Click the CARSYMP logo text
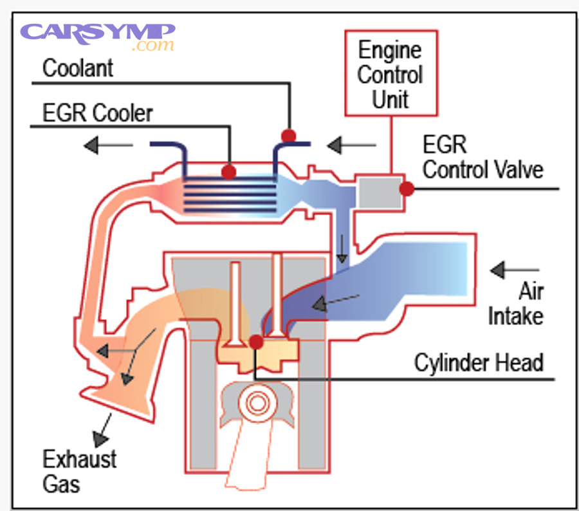(97, 32)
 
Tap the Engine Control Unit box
(391, 74)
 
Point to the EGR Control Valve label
(482, 158)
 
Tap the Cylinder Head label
(479, 363)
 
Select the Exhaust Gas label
(80, 470)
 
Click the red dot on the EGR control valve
(406, 189)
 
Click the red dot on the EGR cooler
(228, 172)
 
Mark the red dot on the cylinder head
(256, 340)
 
